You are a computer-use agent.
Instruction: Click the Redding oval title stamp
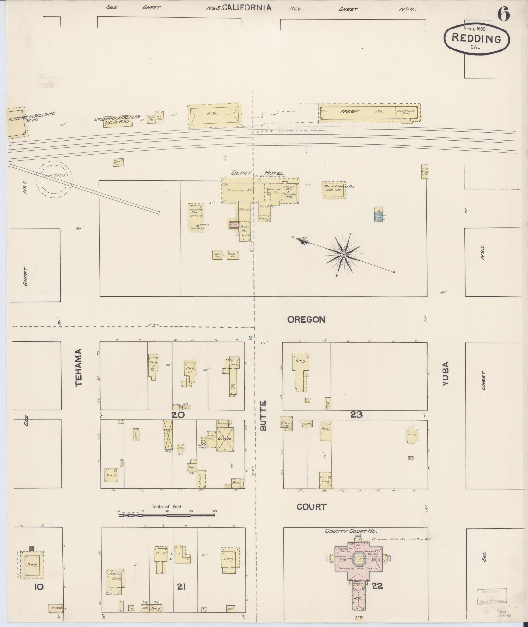[476, 38]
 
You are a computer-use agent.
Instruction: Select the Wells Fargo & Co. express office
[334, 190]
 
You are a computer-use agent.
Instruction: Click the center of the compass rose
[344, 255]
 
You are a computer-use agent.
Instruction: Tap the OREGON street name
[306, 319]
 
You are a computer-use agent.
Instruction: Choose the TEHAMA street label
[78, 367]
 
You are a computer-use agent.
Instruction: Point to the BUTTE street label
[264, 415]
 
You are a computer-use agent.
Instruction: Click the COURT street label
[311, 507]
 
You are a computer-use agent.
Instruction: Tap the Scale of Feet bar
[167, 515]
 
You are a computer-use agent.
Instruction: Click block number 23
[356, 415]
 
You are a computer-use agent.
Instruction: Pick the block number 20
[178, 415]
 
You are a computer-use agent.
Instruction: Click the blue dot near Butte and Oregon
[250, 337]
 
